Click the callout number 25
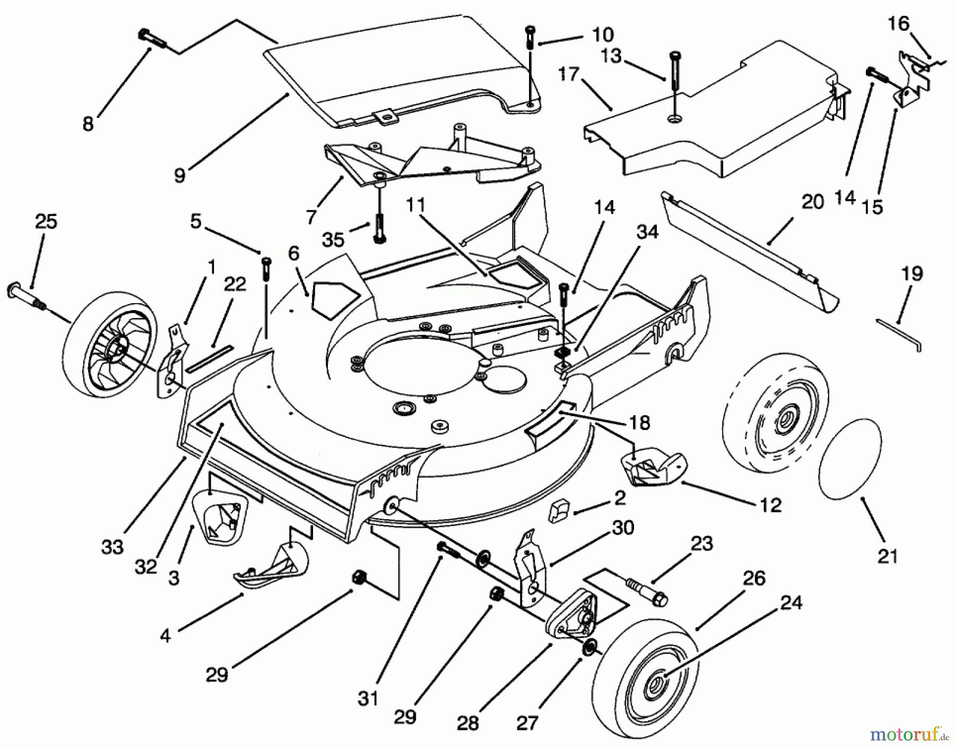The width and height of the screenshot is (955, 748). [x=46, y=221]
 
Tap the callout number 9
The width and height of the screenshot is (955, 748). [x=180, y=175]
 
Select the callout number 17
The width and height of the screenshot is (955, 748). [x=568, y=74]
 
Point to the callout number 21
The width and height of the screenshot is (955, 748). [x=888, y=556]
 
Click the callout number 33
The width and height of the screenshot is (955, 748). [x=112, y=547]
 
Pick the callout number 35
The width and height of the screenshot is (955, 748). [x=333, y=240]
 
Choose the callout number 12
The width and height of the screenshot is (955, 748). [x=770, y=505]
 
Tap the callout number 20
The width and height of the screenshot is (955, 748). [x=813, y=202]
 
